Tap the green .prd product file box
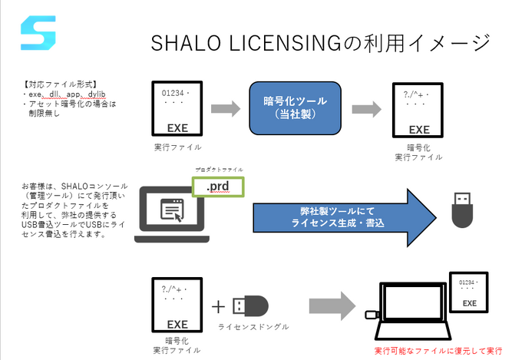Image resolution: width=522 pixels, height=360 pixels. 219,187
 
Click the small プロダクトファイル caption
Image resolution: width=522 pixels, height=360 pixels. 218,167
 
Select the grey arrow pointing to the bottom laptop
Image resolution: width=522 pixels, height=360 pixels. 330,305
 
